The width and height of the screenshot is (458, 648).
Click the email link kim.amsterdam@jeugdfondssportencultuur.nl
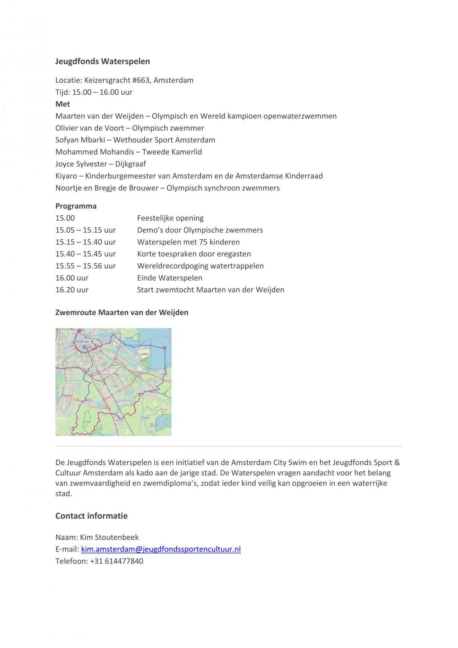point(161,549)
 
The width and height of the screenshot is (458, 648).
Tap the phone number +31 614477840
point(116,561)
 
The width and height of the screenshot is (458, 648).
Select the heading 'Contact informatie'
point(92,516)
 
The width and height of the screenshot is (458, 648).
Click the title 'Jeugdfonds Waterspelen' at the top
point(103,61)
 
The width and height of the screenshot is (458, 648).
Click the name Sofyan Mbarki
point(80,140)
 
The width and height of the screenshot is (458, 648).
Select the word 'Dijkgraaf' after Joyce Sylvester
point(131,164)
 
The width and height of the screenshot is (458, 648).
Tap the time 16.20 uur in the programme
point(72,289)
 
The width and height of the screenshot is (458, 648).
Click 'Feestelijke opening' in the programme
point(170,218)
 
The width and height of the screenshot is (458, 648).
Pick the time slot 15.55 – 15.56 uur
point(85,266)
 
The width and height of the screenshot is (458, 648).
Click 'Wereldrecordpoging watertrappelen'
point(200,266)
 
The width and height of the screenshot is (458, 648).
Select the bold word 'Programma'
point(76,206)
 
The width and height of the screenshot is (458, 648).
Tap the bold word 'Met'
point(63,104)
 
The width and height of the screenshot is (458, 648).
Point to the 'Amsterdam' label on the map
point(82,341)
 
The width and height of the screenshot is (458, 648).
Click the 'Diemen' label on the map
point(114,365)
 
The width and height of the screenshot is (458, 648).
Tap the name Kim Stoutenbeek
point(109,537)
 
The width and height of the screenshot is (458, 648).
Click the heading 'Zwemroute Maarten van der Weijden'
point(122,312)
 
